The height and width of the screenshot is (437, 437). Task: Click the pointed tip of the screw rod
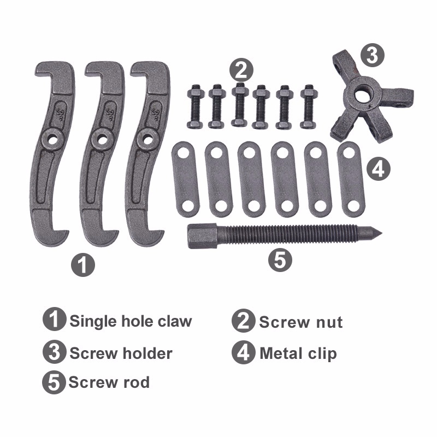[x=381, y=233]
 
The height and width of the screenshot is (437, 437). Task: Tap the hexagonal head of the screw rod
[x=202, y=236]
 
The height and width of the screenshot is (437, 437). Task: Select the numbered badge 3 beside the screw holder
[x=373, y=56]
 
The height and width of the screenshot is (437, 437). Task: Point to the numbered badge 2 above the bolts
[x=241, y=70]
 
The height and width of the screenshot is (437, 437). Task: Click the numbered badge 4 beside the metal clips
[x=378, y=168]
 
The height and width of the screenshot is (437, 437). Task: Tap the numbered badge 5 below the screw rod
[x=280, y=260]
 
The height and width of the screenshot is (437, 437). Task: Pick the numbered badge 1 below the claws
[x=83, y=264]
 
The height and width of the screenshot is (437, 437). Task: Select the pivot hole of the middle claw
[x=102, y=139]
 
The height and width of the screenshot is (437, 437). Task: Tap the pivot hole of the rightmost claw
[x=148, y=139]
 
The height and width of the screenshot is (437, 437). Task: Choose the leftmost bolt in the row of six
[x=196, y=107]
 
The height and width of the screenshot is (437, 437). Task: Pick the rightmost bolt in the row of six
[x=309, y=107]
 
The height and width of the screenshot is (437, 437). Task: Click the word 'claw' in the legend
[x=175, y=321]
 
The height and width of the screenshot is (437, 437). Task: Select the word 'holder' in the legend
[x=147, y=353]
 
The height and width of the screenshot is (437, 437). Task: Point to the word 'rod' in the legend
[x=137, y=382]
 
